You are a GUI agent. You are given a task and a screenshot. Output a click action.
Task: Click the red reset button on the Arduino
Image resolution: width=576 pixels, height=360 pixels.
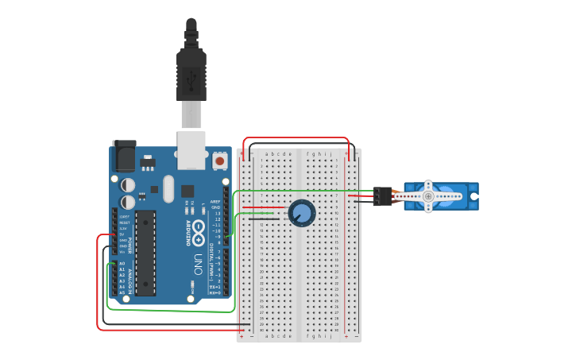pos(219,161)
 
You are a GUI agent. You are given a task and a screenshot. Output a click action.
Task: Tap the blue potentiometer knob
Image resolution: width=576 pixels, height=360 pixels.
pos(302,213)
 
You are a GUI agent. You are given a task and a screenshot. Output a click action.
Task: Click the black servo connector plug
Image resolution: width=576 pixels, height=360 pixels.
pos(382,196)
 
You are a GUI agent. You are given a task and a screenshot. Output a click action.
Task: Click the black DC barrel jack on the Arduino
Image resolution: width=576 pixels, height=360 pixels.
pos(124,157)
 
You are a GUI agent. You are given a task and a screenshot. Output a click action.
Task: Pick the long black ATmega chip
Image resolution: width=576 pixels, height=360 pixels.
pos(145,254)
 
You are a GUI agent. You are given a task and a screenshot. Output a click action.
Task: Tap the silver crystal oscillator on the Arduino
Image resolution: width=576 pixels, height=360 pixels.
pos(168,188)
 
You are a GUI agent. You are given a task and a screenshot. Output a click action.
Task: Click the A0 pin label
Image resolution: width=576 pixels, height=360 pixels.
pos(122,263)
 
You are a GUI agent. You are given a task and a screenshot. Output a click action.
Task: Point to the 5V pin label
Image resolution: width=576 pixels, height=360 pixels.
pos(122,234)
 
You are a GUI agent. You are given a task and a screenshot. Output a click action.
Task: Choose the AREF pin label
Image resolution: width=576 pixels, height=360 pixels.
pos(215,203)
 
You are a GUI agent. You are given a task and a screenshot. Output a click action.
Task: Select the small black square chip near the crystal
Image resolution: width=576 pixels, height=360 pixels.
pos(187,192)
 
